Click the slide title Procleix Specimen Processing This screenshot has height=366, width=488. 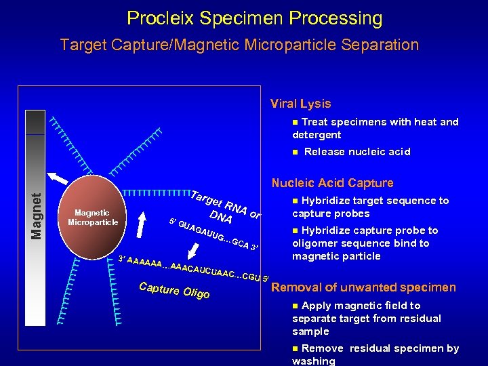coord(254,18)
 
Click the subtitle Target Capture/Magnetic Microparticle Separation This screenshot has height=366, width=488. coord(239,45)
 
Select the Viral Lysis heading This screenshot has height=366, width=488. coord(300,104)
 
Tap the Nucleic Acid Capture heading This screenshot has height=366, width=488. coord(332,183)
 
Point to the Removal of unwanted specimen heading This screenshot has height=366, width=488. coord(363,287)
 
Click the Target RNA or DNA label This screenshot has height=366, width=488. coord(224,206)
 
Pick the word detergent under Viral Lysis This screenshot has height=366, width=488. coord(317,135)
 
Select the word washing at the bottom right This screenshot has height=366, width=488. coord(313,361)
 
